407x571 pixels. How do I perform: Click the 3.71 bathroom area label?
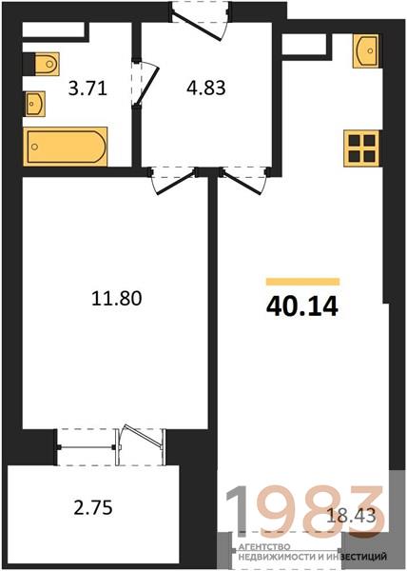click(87, 89)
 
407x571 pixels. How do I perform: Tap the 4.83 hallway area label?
click(206, 88)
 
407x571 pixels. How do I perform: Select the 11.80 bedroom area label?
click(116, 299)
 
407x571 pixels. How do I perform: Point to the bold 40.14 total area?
click(302, 306)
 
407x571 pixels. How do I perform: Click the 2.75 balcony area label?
click(93, 507)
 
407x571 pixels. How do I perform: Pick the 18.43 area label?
click(351, 515)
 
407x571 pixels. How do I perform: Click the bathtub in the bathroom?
click(66, 147)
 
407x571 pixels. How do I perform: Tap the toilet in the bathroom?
click(47, 64)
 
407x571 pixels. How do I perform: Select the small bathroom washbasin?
click(35, 104)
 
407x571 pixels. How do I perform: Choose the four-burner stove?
click(362, 148)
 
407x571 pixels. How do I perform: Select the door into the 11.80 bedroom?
click(173, 180)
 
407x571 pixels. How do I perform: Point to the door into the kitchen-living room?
click(244, 180)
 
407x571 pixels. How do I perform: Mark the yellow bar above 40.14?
click(303, 282)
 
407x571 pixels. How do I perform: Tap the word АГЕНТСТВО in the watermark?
click(264, 547)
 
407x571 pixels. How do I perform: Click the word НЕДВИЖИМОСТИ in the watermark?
click(280, 557)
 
